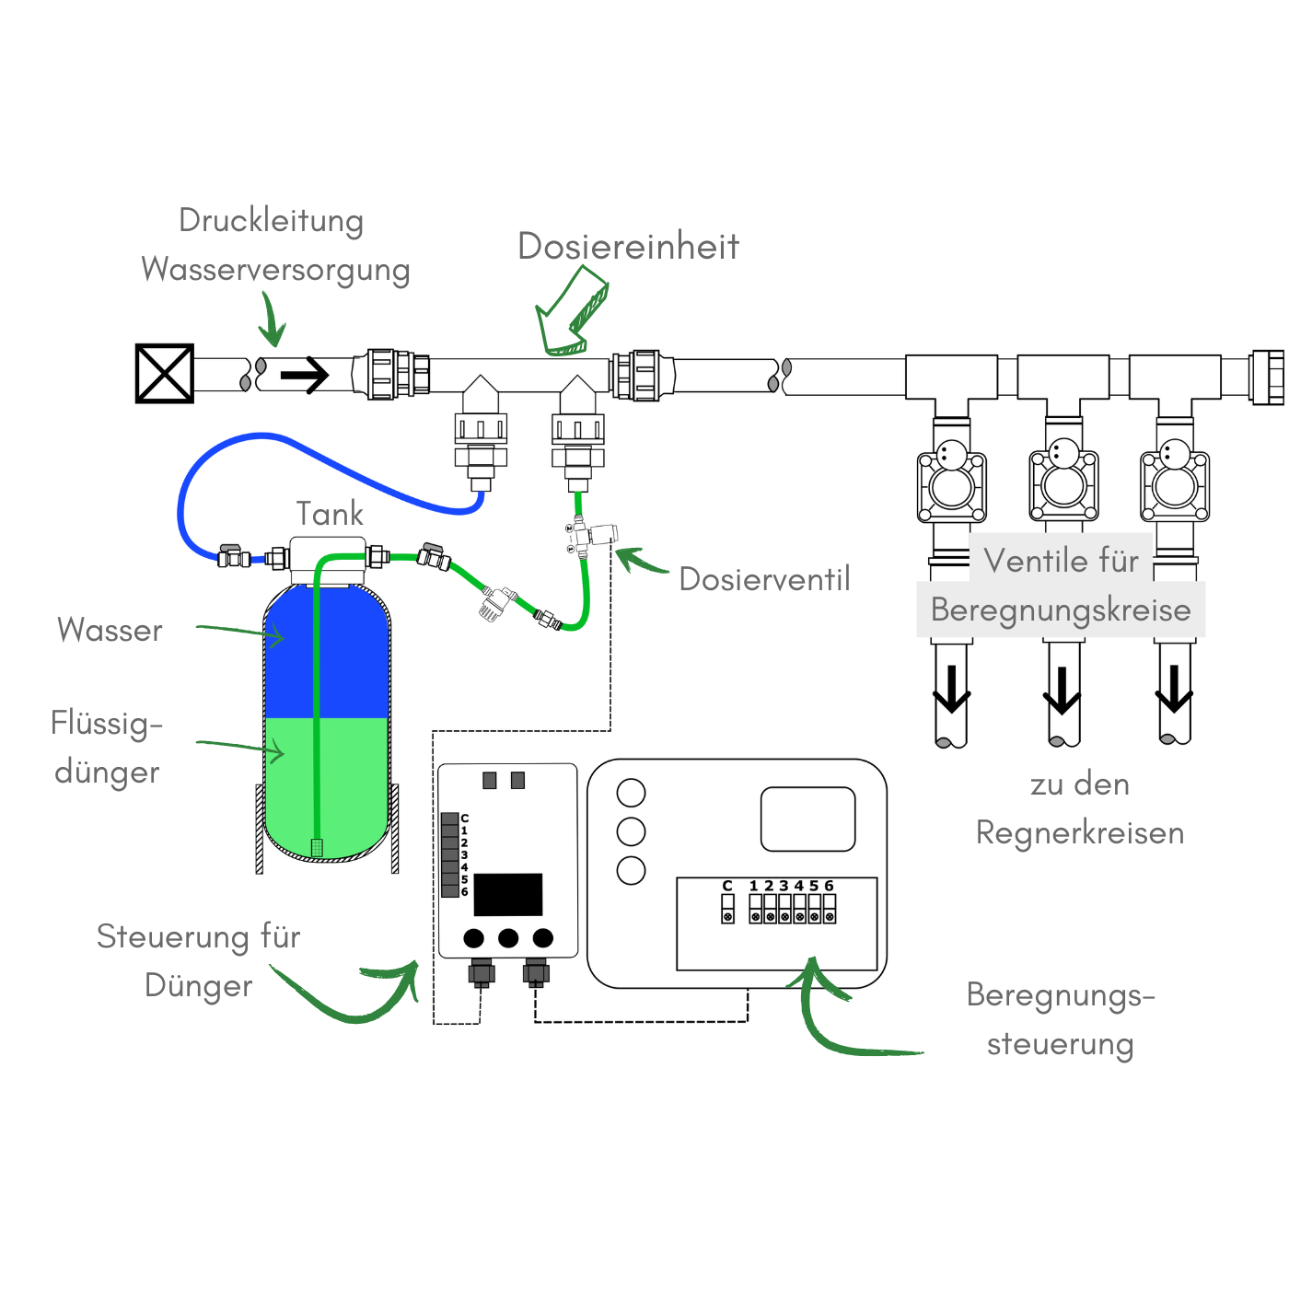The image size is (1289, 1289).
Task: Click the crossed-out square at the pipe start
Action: point(165,374)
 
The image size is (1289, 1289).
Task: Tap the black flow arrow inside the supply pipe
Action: point(305,375)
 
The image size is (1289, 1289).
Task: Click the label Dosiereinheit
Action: point(628,247)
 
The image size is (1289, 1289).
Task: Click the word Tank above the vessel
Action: point(330,514)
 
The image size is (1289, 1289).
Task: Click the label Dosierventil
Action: point(764,579)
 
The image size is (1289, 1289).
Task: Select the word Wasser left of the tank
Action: point(110,630)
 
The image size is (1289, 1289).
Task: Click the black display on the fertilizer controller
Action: point(508,894)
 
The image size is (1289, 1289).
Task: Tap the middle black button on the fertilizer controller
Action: point(508,938)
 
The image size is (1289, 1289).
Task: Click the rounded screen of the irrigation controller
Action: point(807,819)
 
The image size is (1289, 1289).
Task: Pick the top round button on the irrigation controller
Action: point(631,792)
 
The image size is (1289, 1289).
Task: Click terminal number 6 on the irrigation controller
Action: point(829,912)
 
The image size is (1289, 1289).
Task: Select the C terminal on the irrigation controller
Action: point(727,912)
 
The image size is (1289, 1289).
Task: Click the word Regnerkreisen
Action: point(1080,832)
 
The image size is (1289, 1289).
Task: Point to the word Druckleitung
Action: point(271,220)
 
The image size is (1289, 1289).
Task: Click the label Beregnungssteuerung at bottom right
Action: point(1061,1019)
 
